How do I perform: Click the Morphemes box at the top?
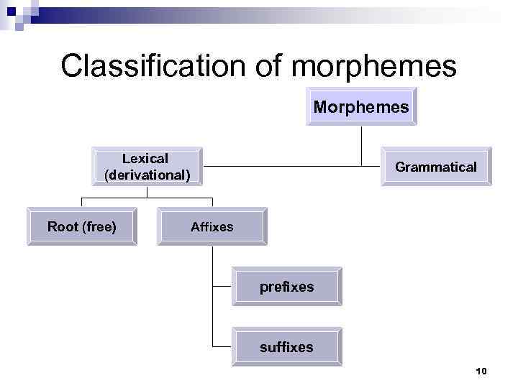(361, 108)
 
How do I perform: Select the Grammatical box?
(435, 167)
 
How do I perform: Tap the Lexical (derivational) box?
(147, 166)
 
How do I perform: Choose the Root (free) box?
(81, 227)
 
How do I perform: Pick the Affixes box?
(212, 227)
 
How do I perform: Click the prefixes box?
(286, 287)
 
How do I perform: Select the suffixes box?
(286, 347)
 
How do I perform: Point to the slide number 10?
(481, 371)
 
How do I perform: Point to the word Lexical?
(145, 158)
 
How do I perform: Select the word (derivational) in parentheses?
(147, 175)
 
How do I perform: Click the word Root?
(63, 227)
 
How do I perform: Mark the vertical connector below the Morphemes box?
(361, 144)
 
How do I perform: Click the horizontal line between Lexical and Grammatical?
(288, 167)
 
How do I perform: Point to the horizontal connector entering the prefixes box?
(223, 287)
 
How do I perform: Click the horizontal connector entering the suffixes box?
(223, 347)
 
